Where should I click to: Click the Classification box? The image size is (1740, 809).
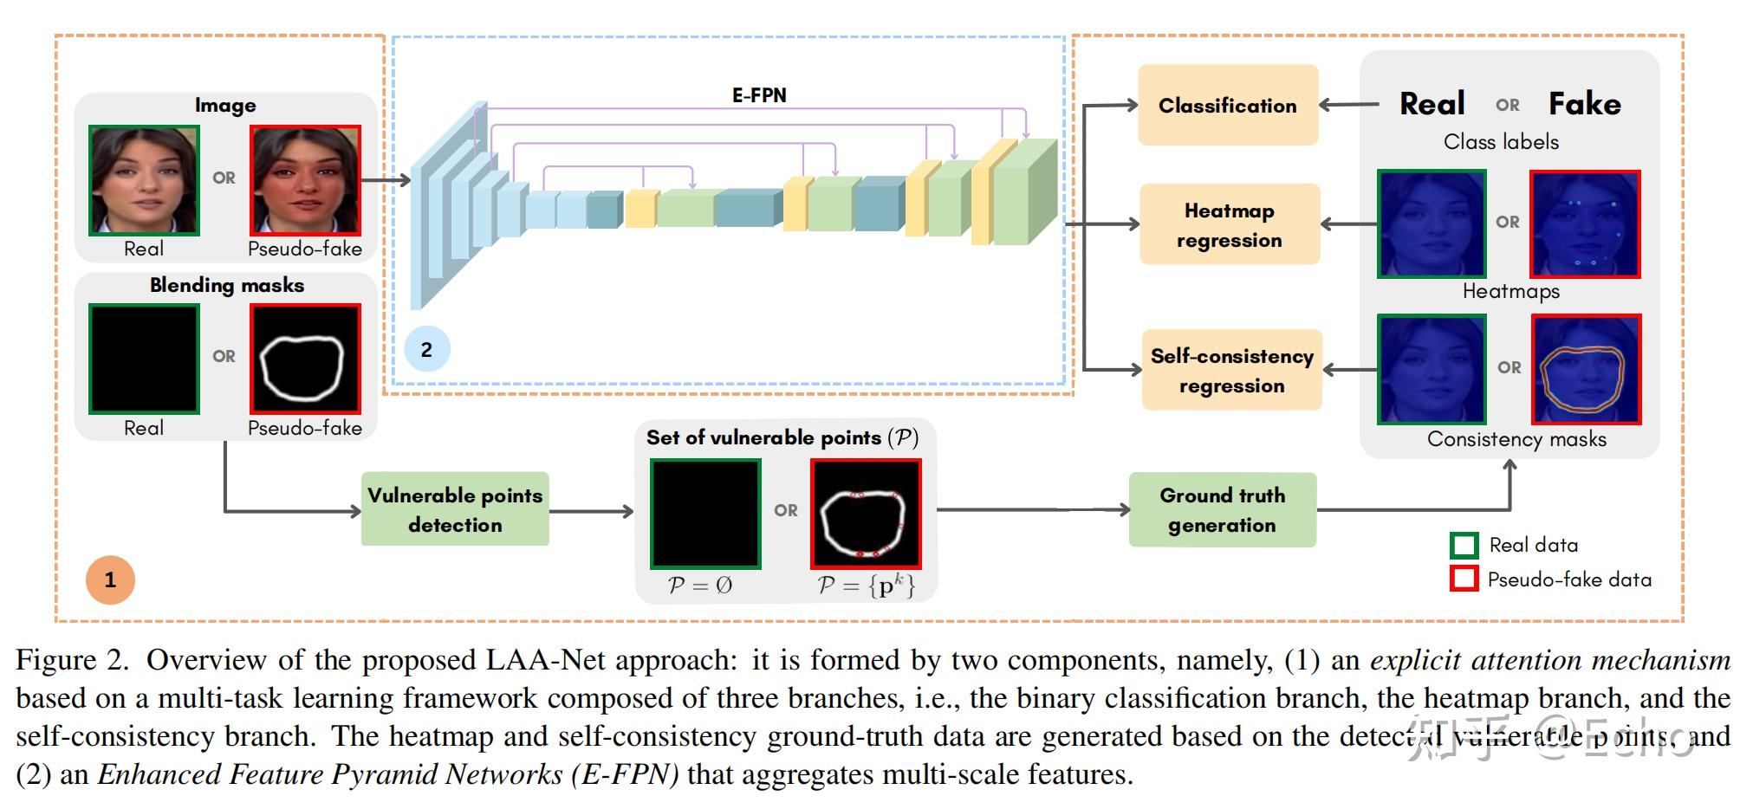coord(1227,105)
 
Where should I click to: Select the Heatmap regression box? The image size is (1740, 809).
coord(1229,224)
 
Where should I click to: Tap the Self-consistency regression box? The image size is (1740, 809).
coord(1231,370)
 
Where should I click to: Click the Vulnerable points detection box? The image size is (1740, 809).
coord(455,509)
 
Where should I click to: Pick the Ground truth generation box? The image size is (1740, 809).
coord(1222,509)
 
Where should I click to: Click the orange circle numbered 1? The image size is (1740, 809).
coord(110,579)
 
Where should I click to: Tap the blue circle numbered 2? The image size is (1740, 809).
coord(426,349)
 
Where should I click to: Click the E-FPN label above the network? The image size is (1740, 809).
coord(759,95)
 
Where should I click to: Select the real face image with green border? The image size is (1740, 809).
coord(144,180)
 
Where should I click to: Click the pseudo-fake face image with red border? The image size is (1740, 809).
coord(305,180)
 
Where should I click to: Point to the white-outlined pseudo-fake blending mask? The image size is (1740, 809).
coord(305,359)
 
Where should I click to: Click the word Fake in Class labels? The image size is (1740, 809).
coord(1584,104)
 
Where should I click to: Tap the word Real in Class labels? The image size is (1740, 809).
coord(1432,104)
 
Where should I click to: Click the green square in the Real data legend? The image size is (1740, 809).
coord(1464,545)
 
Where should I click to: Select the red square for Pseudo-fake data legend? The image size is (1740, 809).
coord(1464,579)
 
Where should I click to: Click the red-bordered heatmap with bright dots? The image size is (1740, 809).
coord(1585,224)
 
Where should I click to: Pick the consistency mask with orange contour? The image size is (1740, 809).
coord(1586,370)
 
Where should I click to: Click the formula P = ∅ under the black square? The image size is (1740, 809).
coord(700,586)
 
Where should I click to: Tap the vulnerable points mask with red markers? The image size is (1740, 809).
coord(865,514)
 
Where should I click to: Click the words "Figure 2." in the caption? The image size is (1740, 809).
coord(72,661)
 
